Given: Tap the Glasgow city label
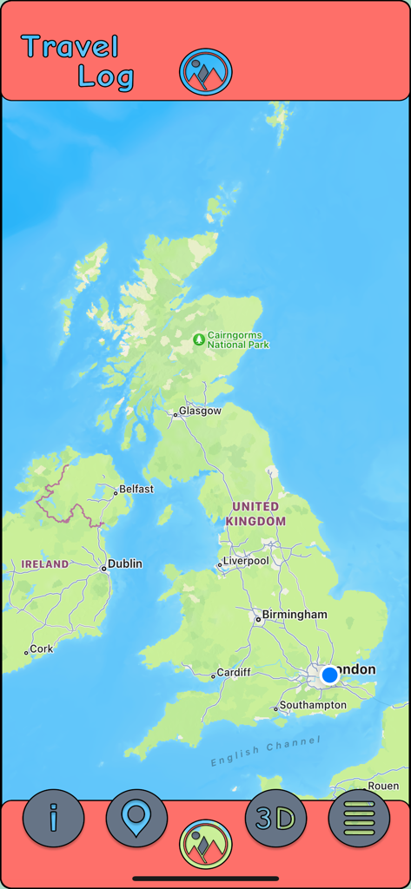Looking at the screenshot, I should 200,411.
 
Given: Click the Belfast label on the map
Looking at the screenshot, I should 136,489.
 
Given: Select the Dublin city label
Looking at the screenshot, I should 124,563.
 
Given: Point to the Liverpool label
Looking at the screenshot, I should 246,561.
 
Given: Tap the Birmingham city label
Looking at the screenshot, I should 295,615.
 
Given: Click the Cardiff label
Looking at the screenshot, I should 234,672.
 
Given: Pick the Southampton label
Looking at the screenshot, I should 313,705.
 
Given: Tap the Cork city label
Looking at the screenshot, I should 41,649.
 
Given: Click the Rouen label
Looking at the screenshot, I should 383,786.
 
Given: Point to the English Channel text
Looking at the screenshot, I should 265,752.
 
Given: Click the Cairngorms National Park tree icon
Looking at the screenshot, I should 199,339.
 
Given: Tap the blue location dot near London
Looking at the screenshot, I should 329,675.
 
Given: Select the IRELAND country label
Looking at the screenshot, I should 45,564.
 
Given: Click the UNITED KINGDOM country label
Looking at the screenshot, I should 255,513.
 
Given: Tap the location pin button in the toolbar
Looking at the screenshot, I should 136,818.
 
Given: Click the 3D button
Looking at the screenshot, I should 275,818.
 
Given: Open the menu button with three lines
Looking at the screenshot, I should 359,818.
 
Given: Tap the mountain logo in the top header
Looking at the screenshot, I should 206,71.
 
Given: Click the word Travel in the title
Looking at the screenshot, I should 70,47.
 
